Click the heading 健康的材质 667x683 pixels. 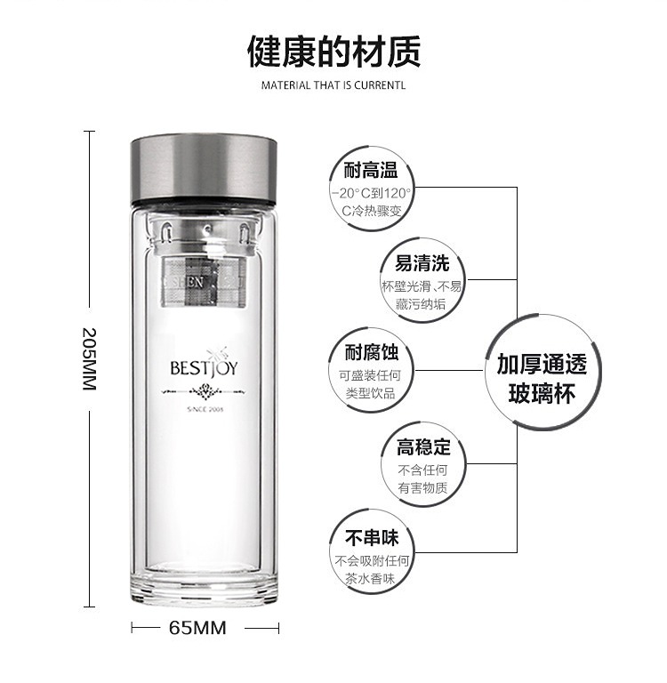pos(333,52)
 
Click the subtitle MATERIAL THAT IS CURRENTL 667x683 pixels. pos(333,85)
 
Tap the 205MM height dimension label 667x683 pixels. pos(89,359)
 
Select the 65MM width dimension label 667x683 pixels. pos(197,628)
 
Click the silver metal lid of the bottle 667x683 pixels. pos(204,169)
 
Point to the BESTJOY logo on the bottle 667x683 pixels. pos(204,367)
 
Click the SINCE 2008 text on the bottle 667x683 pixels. pos(205,409)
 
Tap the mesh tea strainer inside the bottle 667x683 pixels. pos(204,281)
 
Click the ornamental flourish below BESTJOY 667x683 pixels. pos(203,391)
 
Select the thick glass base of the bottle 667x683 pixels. pos(204,589)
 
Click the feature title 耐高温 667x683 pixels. pos(370,170)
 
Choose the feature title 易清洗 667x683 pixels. pos(422,263)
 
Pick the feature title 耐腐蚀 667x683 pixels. pos(372,352)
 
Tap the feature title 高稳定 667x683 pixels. pos(423,447)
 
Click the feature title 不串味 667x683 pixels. pos(372,538)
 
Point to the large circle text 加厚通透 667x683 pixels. pos(542,364)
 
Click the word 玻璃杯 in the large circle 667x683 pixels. pos(542,393)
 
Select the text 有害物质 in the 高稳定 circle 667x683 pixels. pos(422,488)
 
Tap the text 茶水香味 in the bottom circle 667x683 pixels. pos(370,578)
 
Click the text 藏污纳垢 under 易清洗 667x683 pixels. pos(421,303)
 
